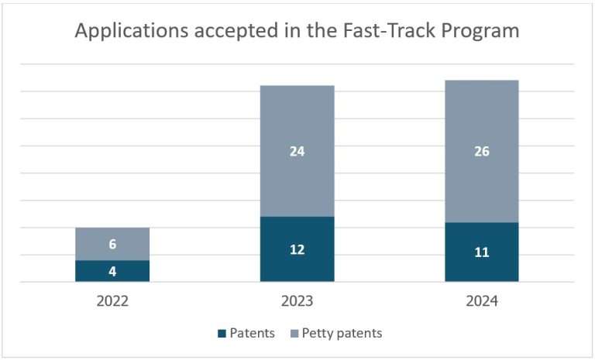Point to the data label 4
(112, 271)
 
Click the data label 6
(112, 245)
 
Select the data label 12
(297, 249)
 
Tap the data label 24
(297, 152)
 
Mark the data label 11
(481, 252)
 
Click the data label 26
(481, 152)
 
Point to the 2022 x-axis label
(112, 301)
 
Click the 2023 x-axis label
(297, 301)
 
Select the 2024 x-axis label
(481, 301)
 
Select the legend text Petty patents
(342, 334)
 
